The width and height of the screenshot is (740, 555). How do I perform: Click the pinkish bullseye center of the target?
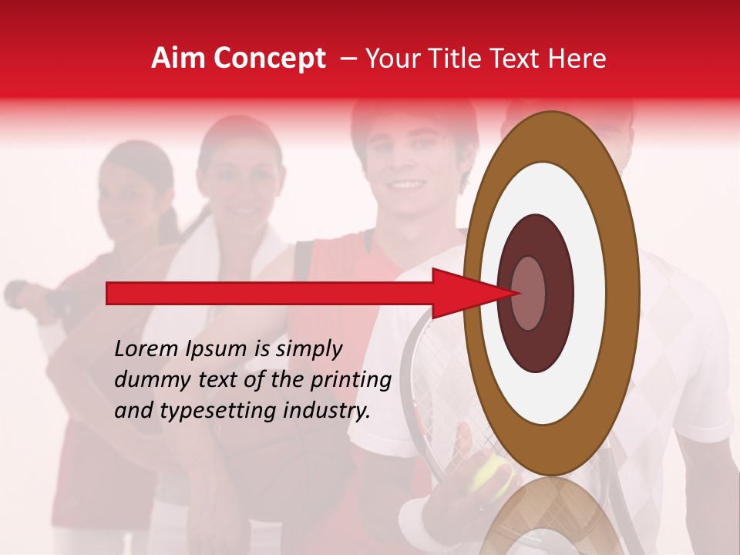coord(528,293)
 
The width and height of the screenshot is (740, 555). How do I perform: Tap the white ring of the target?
coord(586,293)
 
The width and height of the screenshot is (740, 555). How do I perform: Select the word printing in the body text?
coord(355,381)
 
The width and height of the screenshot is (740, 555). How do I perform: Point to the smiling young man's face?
coord(405,166)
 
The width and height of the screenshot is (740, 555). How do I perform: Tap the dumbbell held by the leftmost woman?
coord(31,297)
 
